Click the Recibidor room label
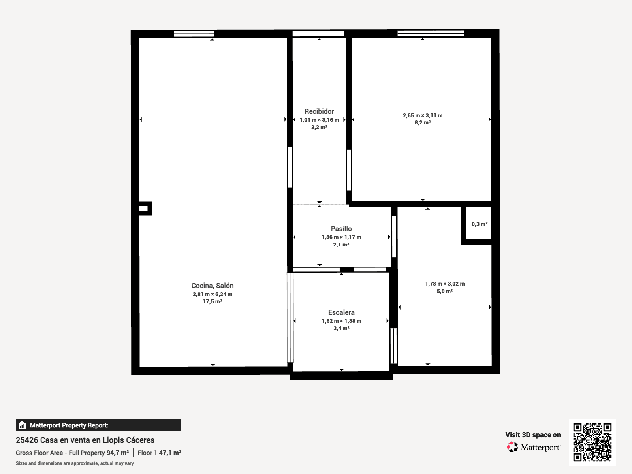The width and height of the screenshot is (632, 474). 319,111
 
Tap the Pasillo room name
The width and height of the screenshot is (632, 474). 341,229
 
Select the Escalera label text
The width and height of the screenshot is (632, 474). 341,312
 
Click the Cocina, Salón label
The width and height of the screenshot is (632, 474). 213,286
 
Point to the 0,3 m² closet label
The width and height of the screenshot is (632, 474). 480,224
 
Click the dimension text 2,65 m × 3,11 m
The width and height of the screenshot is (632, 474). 423,115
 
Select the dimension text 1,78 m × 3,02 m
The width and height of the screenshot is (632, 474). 445,284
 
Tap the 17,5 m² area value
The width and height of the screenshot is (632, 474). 213,302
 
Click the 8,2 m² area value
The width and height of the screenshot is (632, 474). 423,122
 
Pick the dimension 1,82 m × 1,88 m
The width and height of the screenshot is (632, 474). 342,321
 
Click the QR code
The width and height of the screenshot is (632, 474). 592,442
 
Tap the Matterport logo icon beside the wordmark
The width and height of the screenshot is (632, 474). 512,447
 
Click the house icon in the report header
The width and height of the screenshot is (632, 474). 22,425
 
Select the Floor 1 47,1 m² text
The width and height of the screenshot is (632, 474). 160,453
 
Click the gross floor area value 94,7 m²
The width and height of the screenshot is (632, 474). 118,453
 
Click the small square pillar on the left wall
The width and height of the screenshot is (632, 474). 144,209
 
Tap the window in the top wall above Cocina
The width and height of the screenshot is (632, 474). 194,34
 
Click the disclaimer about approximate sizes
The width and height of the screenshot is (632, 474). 75,463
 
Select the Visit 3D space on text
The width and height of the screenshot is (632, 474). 533,435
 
